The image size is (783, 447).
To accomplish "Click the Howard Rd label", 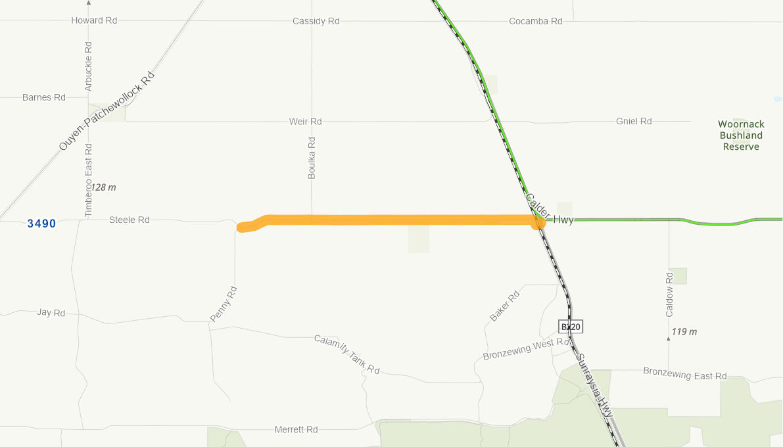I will (x=94, y=20).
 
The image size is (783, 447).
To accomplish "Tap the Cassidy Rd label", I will (x=316, y=21).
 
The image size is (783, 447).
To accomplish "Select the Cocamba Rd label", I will (x=536, y=21).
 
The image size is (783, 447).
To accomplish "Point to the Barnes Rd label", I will (x=44, y=97).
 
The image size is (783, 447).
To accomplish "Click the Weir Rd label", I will (x=306, y=122).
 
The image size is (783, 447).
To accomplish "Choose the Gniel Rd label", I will (x=634, y=121).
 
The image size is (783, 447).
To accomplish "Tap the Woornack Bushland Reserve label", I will (x=741, y=135).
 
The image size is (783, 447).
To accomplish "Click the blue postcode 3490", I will (x=41, y=223).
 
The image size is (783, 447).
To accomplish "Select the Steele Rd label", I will (x=130, y=220).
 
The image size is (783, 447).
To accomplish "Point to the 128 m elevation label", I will (x=103, y=187).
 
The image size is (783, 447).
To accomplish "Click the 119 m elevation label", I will (x=684, y=331).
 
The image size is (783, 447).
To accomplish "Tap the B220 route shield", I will (x=571, y=326).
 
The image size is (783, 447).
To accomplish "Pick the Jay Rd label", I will (x=51, y=313).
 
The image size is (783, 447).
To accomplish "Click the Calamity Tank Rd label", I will (x=346, y=354).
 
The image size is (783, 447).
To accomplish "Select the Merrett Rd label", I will (x=296, y=429).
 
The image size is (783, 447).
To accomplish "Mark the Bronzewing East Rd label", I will (x=684, y=374).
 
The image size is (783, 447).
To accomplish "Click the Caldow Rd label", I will (x=669, y=294).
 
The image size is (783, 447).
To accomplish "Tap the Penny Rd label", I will (x=223, y=304).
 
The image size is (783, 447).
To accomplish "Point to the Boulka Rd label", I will (x=312, y=158).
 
